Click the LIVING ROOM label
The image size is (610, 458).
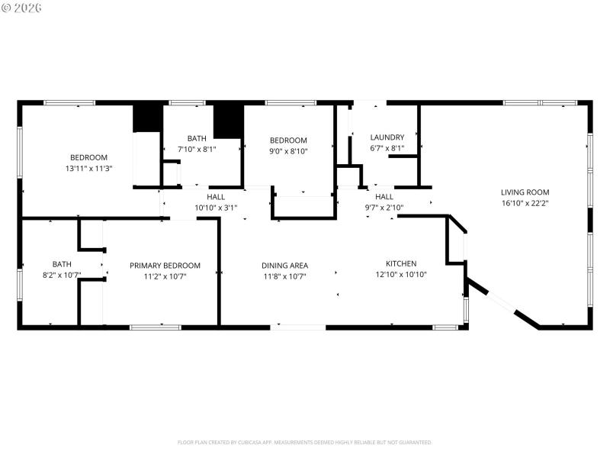pyautogui.click(x=525, y=192)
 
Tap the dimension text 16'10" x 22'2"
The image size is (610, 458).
pyautogui.click(x=525, y=203)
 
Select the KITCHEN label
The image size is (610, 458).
pyautogui.click(x=400, y=263)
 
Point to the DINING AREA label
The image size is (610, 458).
pyautogui.click(x=284, y=266)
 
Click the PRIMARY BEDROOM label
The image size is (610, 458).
pyautogui.click(x=165, y=266)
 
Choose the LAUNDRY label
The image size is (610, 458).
pyautogui.click(x=387, y=137)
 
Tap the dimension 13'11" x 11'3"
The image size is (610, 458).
pyautogui.click(x=89, y=169)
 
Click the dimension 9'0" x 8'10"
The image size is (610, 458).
pyautogui.click(x=288, y=151)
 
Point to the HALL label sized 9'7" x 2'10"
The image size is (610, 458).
pyautogui.click(x=384, y=196)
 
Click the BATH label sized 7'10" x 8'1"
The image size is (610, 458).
pyautogui.click(x=197, y=138)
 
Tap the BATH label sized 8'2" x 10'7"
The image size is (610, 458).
pyautogui.click(x=62, y=266)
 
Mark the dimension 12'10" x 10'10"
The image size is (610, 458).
pyautogui.click(x=400, y=275)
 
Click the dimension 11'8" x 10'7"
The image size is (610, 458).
pyautogui.click(x=284, y=276)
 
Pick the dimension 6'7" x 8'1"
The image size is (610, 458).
pyautogui.click(x=387, y=149)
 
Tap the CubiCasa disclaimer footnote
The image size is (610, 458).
pyautogui.click(x=305, y=442)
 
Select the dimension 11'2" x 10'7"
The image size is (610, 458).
pyautogui.click(x=165, y=276)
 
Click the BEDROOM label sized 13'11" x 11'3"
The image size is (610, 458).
pyautogui.click(x=89, y=158)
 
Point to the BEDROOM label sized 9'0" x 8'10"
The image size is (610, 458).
pyautogui.click(x=288, y=140)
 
